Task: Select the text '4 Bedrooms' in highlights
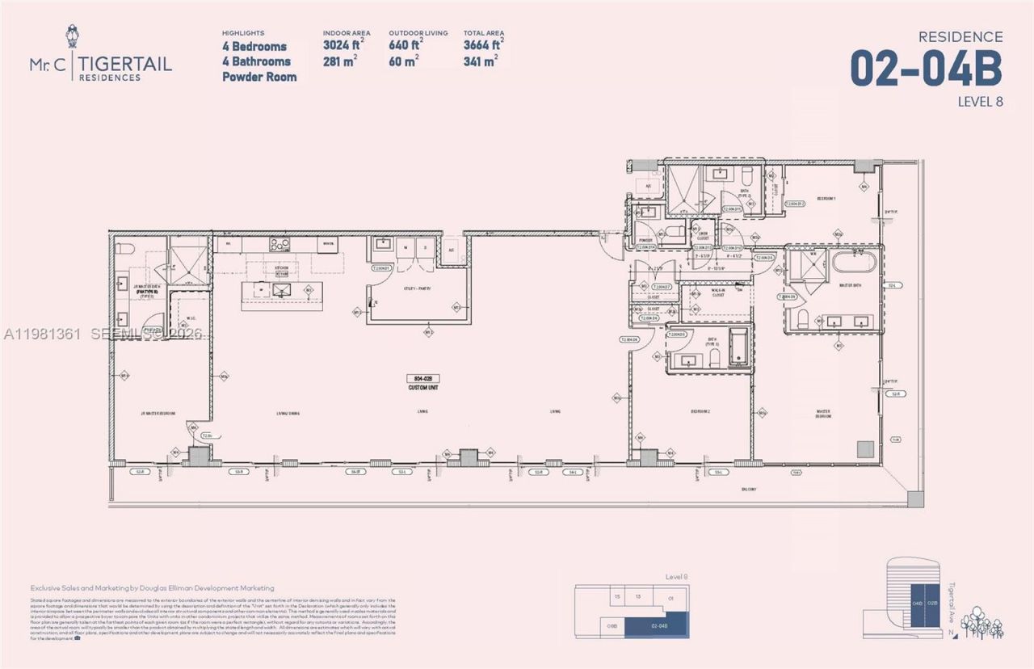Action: tap(254, 47)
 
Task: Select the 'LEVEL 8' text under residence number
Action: tap(979, 102)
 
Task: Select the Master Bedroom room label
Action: tap(823, 413)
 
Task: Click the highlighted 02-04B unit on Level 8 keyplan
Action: tap(659, 625)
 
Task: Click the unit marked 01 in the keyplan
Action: tap(670, 599)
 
